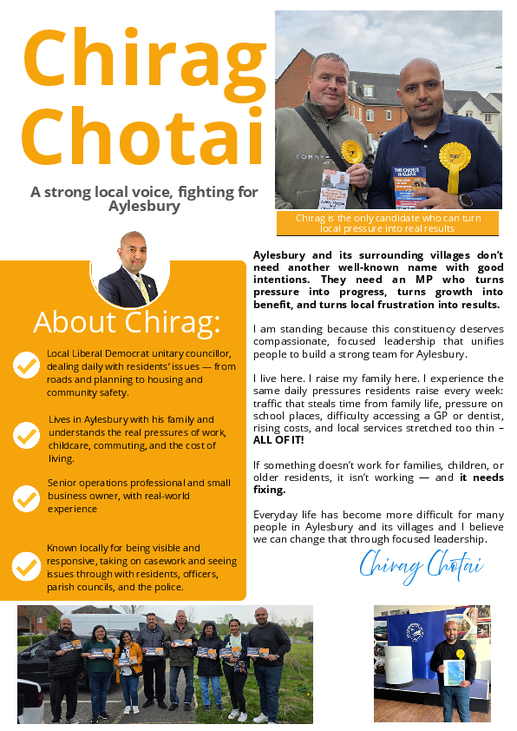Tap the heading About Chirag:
click(127, 322)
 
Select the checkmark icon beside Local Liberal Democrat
click(27, 365)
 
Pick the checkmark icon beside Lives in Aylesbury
click(27, 431)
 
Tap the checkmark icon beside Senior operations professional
click(27, 498)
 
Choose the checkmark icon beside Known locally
click(27, 566)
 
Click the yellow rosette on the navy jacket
click(454, 157)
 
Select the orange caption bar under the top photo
click(388, 223)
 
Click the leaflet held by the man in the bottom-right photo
click(454, 672)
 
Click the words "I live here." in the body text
click(277, 379)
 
